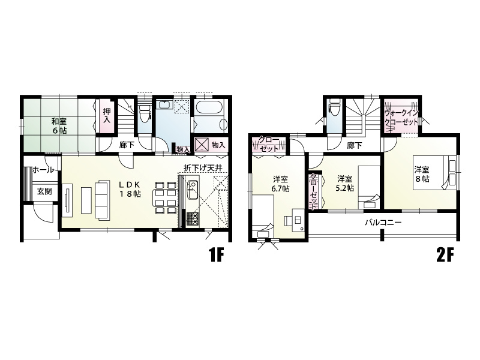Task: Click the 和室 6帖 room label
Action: (x=59, y=126)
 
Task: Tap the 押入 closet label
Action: (x=106, y=115)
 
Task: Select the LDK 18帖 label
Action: (x=130, y=189)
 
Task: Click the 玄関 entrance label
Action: (x=44, y=191)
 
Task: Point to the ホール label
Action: (x=43, y=170)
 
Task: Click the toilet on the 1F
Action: (x=145, y=113)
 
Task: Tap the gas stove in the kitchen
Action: (x=192, y=219)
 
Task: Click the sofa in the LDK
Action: (x=102, y=200)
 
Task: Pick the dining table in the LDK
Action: (x=164, y=197)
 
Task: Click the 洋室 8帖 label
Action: (x=422, y=174)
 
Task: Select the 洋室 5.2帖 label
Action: (x=344, y=183)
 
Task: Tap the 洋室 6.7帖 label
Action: (x=280, y=184)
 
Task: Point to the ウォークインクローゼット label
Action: (x=401, y=118)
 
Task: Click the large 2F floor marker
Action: (x=444, y=256)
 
